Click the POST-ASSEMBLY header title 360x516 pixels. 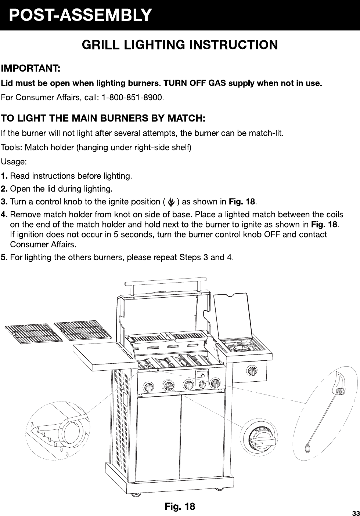click(80, 15)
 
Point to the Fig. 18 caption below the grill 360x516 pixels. click(180, 507)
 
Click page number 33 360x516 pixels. click(355, 512)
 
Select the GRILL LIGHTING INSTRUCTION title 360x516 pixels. click(180, 45)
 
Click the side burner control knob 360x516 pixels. click(252, 371)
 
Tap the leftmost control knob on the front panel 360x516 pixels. click(148, 388)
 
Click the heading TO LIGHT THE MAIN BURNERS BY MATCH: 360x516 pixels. click(103, 119)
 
